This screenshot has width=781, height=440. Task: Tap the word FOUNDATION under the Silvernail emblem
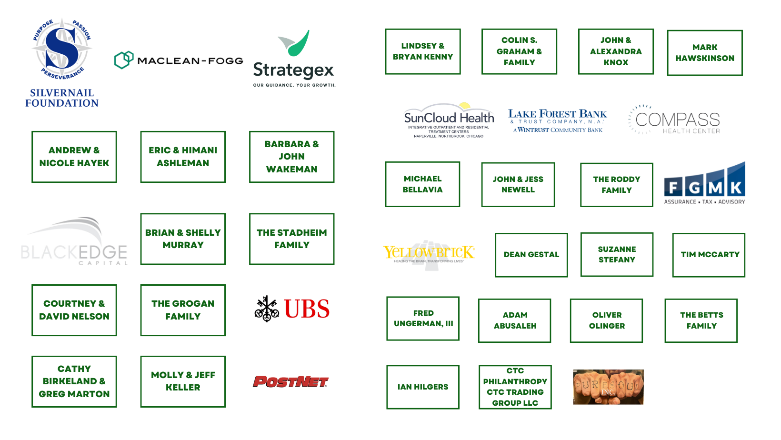61,103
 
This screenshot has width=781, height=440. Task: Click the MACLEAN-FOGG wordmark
190,61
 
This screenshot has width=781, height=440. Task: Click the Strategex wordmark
293,70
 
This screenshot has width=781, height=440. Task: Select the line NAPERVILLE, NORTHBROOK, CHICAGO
449,136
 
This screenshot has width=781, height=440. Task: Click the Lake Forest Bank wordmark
556,114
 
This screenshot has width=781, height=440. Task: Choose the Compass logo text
676,121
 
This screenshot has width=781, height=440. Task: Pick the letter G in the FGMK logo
695,188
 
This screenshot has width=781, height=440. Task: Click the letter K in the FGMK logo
736,188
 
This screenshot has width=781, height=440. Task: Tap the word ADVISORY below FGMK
731,202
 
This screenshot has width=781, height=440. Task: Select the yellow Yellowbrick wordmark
429,252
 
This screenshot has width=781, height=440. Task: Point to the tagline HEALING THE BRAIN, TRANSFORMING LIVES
429,261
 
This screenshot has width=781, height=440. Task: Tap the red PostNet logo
290,381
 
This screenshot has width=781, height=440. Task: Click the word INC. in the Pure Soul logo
608,392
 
